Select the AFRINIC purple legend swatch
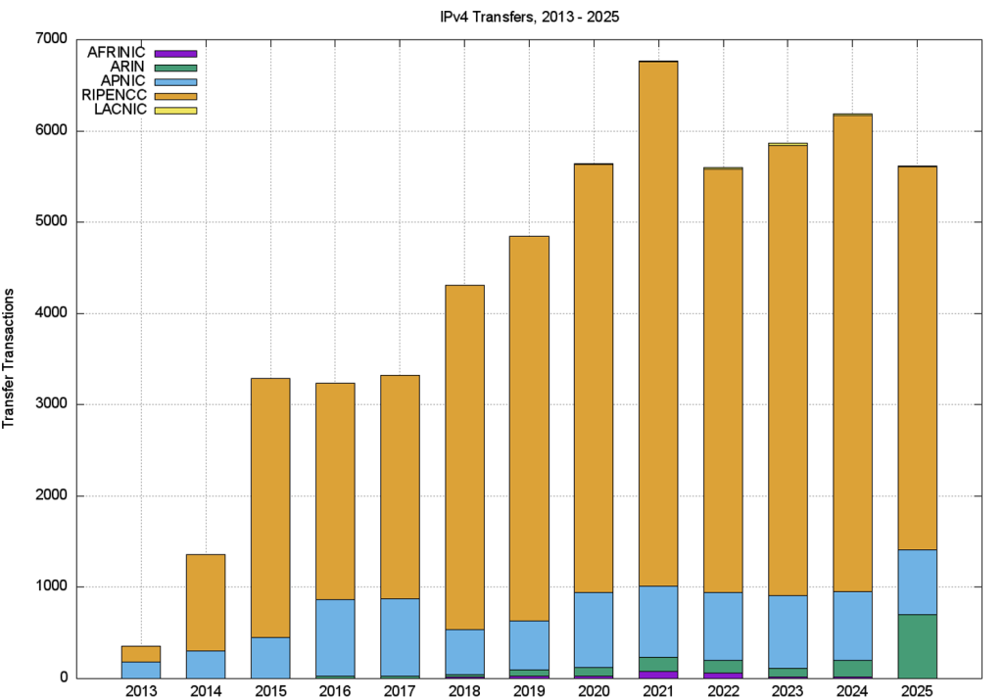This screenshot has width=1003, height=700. pyautogui.click(x=176, y=53)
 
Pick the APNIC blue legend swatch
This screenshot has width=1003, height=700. pyautogui.click(x=176, y=81)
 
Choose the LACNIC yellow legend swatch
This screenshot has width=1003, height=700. pyautogui.click(x=176, y=111)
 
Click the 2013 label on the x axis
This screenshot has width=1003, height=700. pyautogui.click(x=141, y=690)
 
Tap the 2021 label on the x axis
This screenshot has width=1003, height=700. pyautogui.click(x=658, y=690)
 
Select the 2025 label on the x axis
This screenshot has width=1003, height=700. pyautogui.click(x=918, y=690)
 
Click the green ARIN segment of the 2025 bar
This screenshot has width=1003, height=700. pyautogui.click(x=918, y=646)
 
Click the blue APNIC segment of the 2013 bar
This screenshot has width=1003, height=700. pyautogui.click(x=141, y=670)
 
